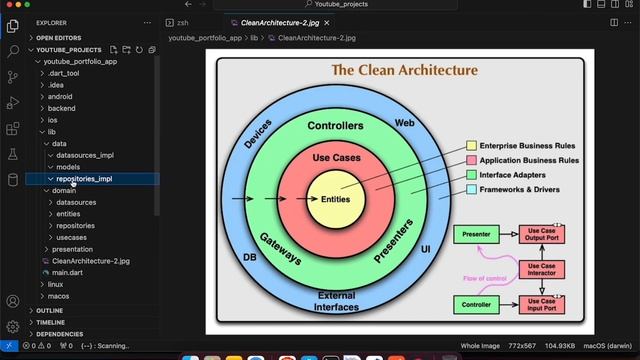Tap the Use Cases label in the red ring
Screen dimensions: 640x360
[336, 158]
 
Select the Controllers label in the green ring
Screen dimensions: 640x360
[335, 127]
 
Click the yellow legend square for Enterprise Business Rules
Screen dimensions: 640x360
[471, 146]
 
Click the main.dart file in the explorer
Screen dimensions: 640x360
[67, 272]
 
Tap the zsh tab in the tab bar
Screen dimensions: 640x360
[182, 21]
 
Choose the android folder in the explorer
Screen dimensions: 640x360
[60, 97]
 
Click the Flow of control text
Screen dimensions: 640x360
[485, 278]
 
